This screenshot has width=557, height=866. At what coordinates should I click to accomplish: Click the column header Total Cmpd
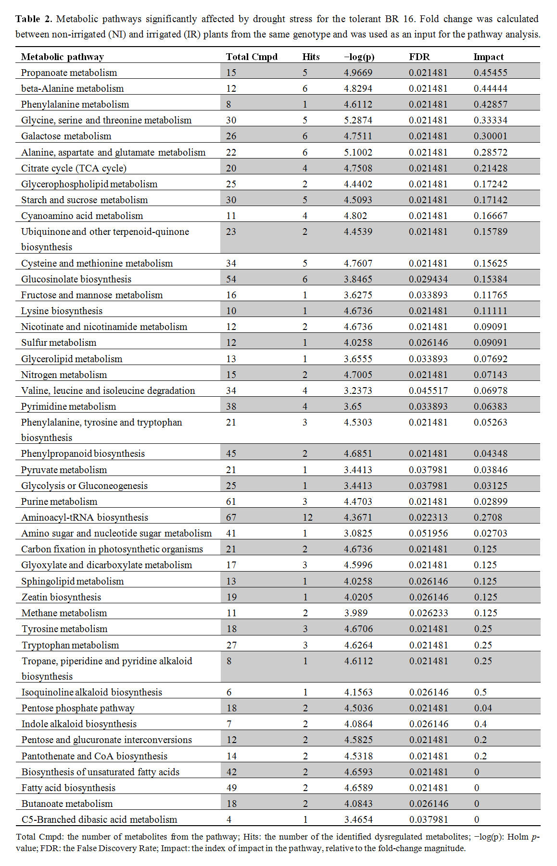pyautogui.click(x=252, y=57)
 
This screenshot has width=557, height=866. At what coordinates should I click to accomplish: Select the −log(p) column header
pyautogui.click(x=359, y=57)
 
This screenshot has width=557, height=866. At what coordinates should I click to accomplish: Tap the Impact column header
pyautogui.click(x=488, y=57)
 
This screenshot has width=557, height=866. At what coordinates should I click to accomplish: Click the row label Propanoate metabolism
pyautogui.click(x=69, y=73)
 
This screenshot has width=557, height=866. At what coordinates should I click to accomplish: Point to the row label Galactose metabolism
pyautogui.click(x=66, y=136)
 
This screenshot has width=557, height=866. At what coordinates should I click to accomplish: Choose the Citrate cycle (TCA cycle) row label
pyautogui.click(x=74, y=168)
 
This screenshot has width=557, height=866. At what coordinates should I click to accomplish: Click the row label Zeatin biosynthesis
pyautogui.click(x=61, y=597)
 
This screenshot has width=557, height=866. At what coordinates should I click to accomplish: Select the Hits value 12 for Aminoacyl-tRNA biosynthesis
pyautogui.click(x=307, y=517)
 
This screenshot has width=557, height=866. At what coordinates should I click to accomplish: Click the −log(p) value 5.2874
pyautogui.click(x=358, y=120)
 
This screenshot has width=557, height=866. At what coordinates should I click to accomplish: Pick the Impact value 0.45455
pyautogui.click(x=490, y=73)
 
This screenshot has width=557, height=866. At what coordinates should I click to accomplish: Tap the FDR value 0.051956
pyautogui.click(x=428, y=533)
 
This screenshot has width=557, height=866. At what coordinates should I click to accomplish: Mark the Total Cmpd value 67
pyautogui.click(x=231, y=517)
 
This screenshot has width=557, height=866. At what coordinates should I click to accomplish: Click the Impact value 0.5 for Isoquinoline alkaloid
pyautogui.click(x=480, y=692)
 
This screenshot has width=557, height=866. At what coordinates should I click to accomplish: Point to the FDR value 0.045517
pyautogui.click(x=428, y=390)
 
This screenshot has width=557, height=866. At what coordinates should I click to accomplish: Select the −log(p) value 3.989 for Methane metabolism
pyautogui.click(x=355, y=613)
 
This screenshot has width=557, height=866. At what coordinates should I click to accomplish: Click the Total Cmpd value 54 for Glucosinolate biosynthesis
pyautogui.click(x=231, y=279)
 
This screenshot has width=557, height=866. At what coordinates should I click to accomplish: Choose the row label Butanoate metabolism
pyautogui.click(x=67, y=804)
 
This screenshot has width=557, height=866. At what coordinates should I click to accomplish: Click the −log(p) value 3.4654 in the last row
pyautogui.click(x=358, y=819)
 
